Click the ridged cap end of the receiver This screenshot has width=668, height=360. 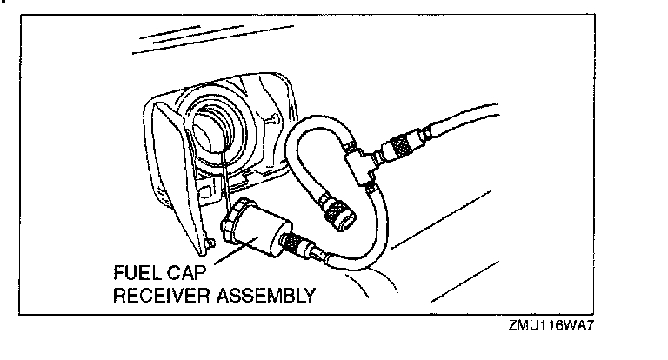[x=233, y=217]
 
